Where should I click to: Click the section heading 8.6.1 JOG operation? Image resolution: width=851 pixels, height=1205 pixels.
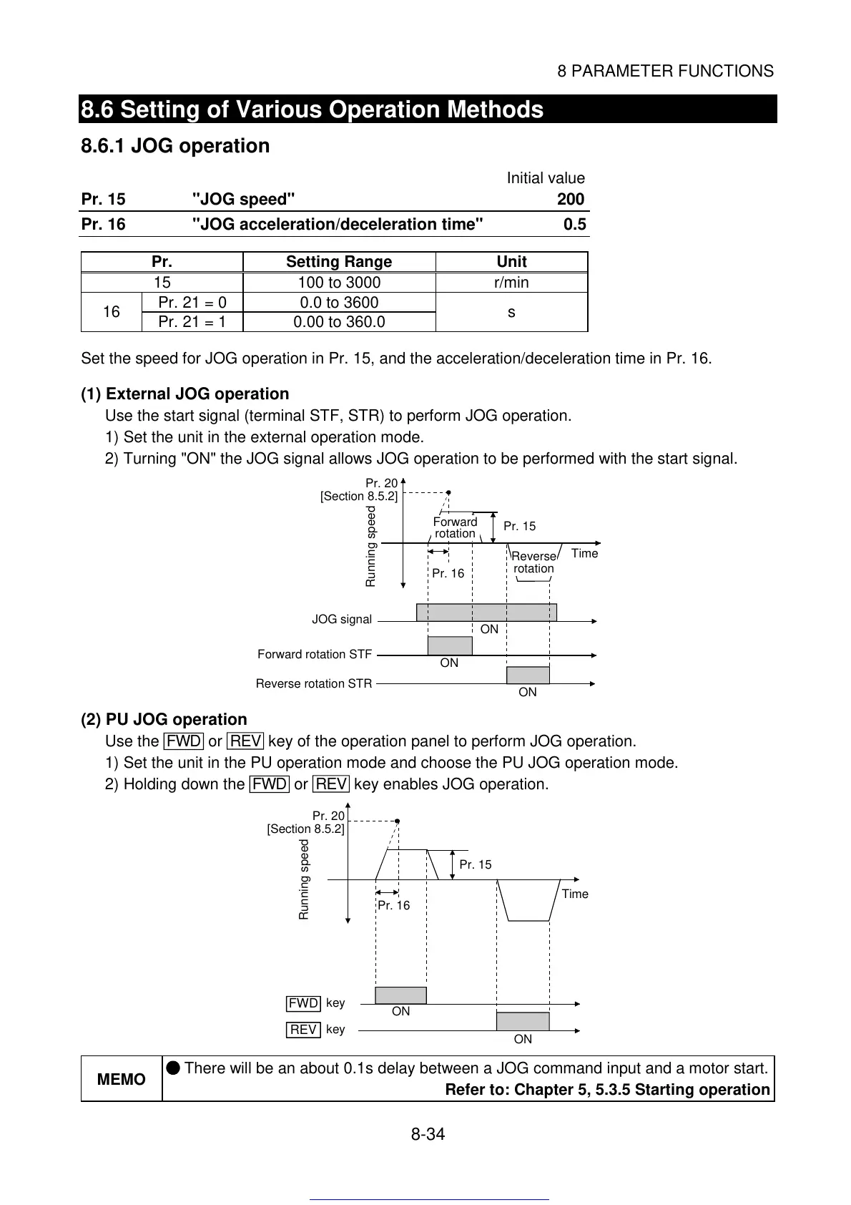(175, 146)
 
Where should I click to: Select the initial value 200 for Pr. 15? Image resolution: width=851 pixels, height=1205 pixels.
(571, 200)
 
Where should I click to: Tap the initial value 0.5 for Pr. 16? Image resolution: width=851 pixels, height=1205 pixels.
(574, 225)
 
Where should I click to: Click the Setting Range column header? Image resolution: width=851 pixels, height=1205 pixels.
(339, 262)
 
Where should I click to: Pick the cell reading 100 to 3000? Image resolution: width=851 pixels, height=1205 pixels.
(339, 283)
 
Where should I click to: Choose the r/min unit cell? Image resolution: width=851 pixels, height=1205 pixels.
(511, 283)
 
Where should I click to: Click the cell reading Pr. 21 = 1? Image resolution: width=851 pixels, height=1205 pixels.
(192, 322)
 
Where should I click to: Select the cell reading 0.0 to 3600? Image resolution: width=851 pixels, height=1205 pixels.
(339, 303)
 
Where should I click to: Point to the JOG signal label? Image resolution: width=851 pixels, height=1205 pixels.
(342, 620)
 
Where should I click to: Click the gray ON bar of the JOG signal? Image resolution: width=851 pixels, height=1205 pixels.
(486, 612)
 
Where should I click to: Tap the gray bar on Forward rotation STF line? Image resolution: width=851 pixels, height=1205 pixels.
(450, 645)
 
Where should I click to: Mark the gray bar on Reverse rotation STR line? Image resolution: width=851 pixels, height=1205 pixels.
(528, 675)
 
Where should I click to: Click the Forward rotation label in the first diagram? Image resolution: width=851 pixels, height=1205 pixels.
(455, 528)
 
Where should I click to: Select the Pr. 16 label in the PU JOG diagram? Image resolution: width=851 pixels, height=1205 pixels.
(394, 906)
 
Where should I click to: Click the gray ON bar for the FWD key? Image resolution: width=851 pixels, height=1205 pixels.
(400, 995)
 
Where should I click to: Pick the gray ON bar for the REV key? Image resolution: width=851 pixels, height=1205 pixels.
(523, 1021)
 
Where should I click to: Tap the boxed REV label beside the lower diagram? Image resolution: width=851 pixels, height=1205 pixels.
(303, 1030)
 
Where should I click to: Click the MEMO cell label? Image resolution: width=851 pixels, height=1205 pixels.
(121, 1079)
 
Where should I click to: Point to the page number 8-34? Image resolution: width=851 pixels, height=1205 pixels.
(428, 1134)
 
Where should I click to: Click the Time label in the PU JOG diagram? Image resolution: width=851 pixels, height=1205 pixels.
(575, 894)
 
